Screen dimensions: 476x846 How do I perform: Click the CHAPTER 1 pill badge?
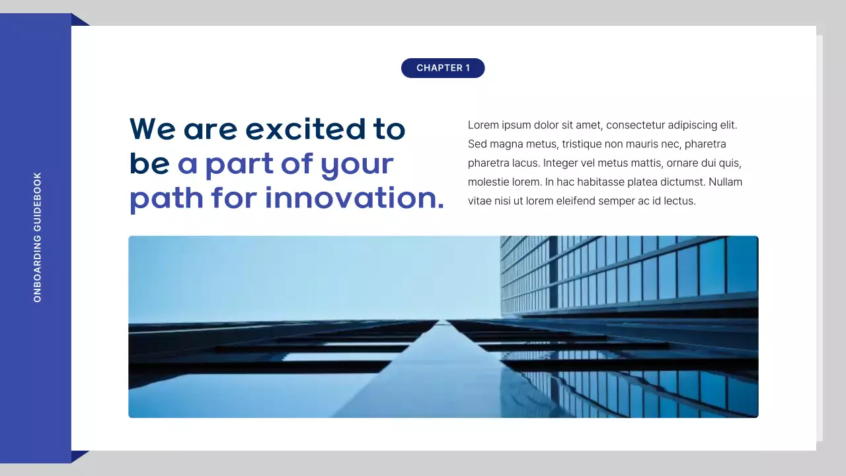(x=443, y=68)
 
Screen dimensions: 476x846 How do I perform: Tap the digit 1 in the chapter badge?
(x=467, y=68)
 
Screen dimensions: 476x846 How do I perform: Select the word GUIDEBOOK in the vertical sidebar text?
(x=38, y=201)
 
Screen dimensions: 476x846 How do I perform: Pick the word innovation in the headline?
(x=354, y=198)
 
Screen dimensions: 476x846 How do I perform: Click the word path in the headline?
(x=166, y=198)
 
